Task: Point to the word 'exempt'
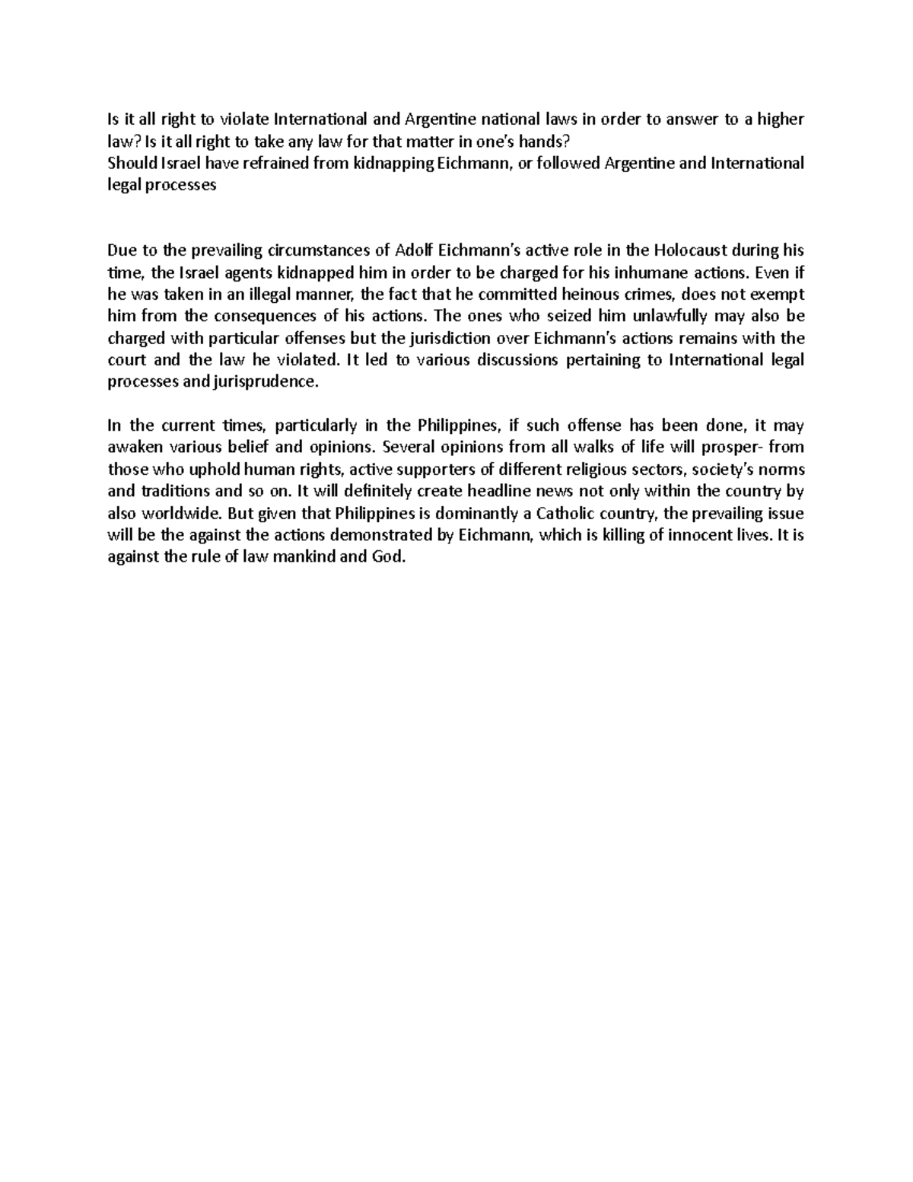click(778, 295)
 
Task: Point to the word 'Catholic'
click(569, 514)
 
